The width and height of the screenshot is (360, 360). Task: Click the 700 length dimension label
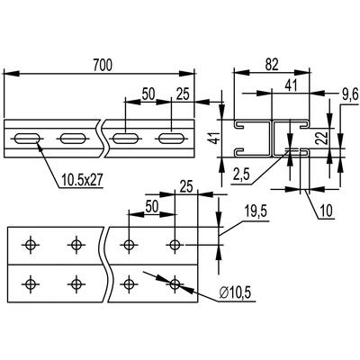[x=103, y=65]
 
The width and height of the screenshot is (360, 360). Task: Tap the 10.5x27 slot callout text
[x=82, y=180]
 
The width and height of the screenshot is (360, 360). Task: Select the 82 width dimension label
[x=272, y=65]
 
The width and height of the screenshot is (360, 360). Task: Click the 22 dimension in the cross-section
[x=321, y=139]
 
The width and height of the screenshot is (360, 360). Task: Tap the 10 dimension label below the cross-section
[x=326, y=211]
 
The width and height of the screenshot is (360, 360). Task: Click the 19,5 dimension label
[x=256, y=212]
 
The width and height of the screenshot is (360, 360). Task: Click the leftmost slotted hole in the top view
[x=27, y=139]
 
